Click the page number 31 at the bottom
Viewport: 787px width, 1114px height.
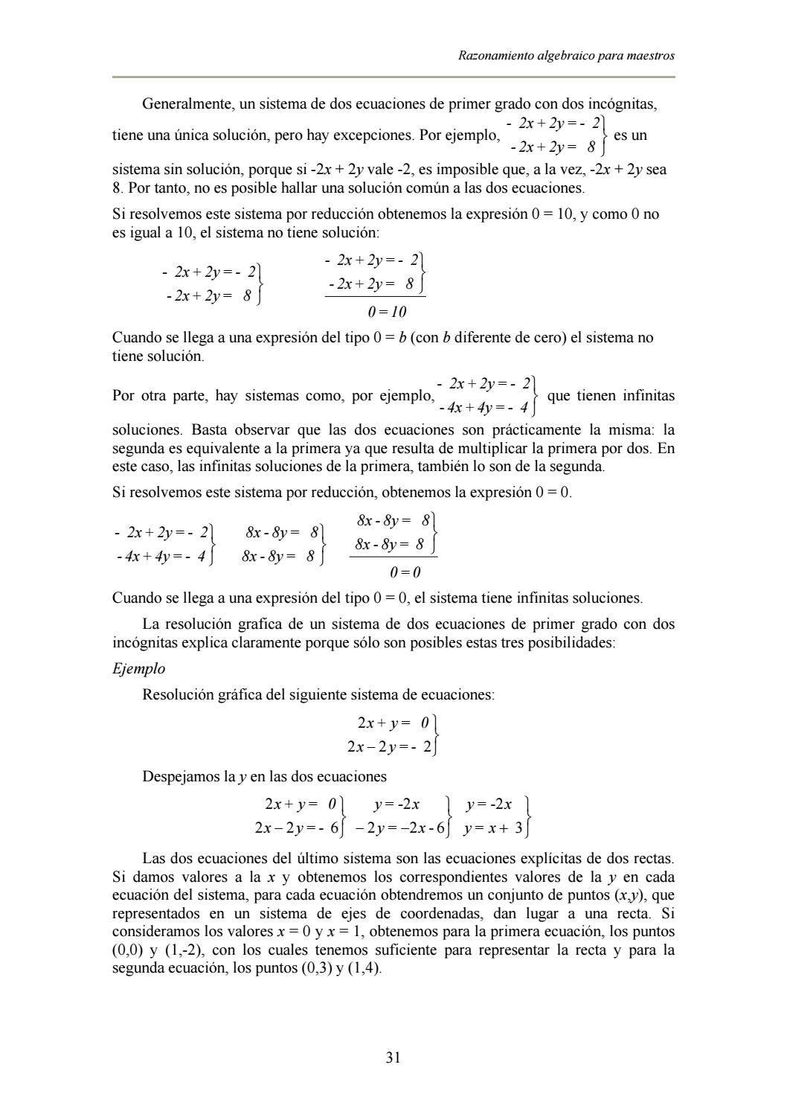click(393, 1057)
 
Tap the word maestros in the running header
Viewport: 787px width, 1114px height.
click(649, 56)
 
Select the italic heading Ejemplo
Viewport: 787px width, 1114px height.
click(138, 668)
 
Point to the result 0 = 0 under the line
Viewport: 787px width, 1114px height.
click(405, 572)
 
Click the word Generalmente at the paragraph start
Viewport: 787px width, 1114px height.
click(186, 104)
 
